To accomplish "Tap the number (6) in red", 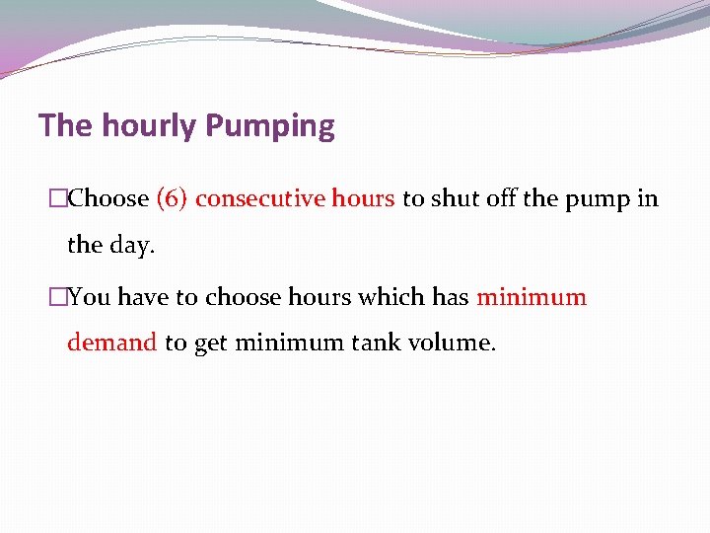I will click(x=173, y=198).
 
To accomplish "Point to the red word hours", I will click(x=364, y=198).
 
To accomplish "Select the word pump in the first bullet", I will click(x=598, y=198).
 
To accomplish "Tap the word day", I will click(x=133, y=245).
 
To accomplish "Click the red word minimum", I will click(x=532, y=297).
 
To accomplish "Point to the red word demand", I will click(x=111, y=343).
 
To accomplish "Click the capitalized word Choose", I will click(x=108, y=198).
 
